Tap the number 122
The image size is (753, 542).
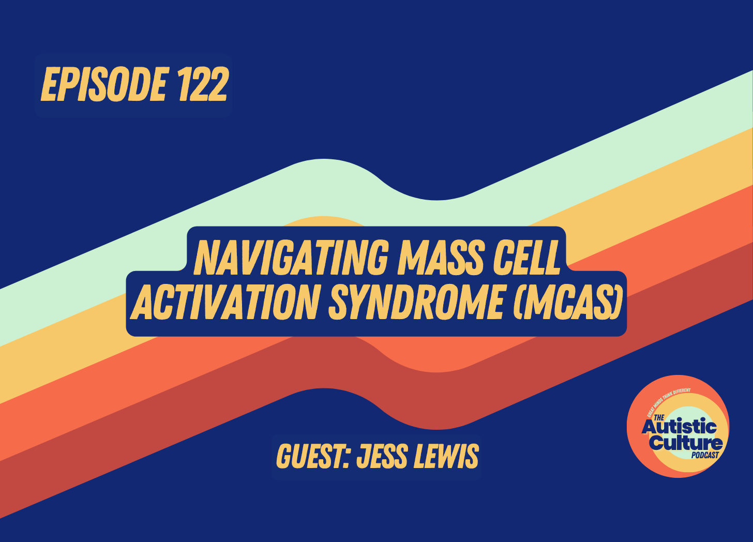(x=202, y=85)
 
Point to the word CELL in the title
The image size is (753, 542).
(x=528, y=257)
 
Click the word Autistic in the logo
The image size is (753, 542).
(x=679, y=427)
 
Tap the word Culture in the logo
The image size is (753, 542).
(x=686, y=443)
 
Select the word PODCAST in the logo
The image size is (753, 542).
(x=705, y=455)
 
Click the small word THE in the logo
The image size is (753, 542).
(x=659, y=417)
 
